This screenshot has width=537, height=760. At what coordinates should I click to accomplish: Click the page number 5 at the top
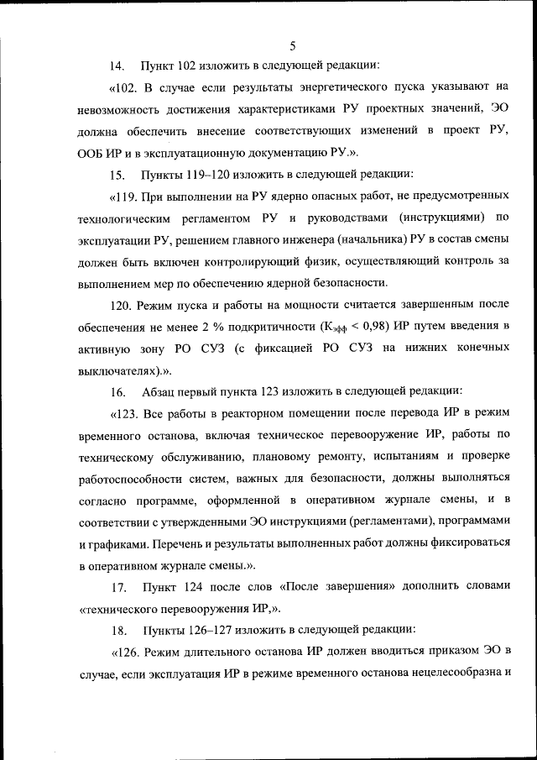(292, 45)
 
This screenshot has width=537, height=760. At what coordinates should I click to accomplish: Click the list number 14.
(117, 65)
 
